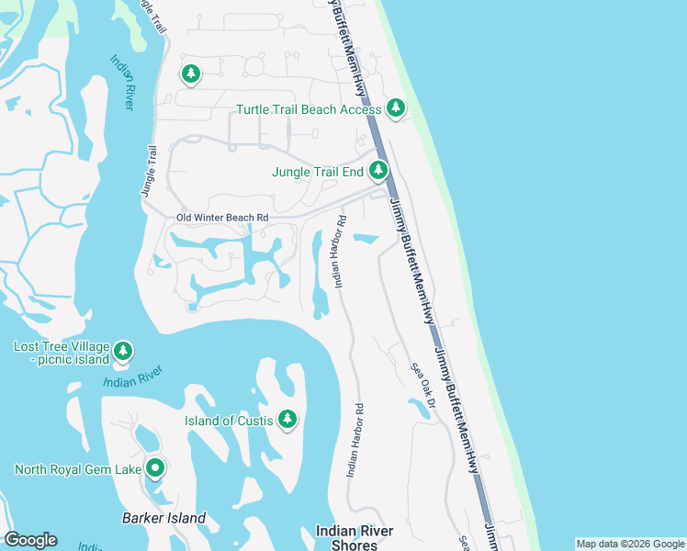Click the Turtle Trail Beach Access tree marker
tap(396, 108)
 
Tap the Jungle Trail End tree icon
tap(378, 170)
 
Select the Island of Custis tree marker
tap(287, 419)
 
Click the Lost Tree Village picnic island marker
tap(123, 350)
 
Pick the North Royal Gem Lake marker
tap(155, 468)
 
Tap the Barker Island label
tap(163, 518)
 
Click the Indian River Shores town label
tap(355, 537)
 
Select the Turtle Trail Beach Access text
tap(309, 109)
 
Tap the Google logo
tap(30, 540)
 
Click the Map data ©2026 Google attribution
tap(629, 544)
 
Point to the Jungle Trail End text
tap(318, 172)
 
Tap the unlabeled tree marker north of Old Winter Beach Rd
tap(190, 73)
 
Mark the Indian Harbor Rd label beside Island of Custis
tap(355, 441)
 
